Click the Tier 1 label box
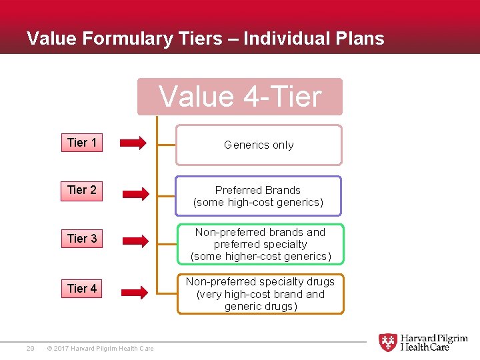coord(82,143)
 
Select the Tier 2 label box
coord(82,190)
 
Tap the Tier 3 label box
coord(82,239)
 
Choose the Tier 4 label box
coord(82,289)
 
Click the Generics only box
coord(259,145)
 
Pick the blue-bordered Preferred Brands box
coord(259,196)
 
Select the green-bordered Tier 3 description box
coord(260,244)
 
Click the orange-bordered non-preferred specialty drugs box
coord(260,294)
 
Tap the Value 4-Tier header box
coord(240,97)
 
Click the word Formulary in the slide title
coord(127,39)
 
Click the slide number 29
coord(30,348)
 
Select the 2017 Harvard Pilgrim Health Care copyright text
coord(101,348)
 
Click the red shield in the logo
coord(387,343)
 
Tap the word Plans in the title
coord(361,39)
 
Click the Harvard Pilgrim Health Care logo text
coord(433,343)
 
